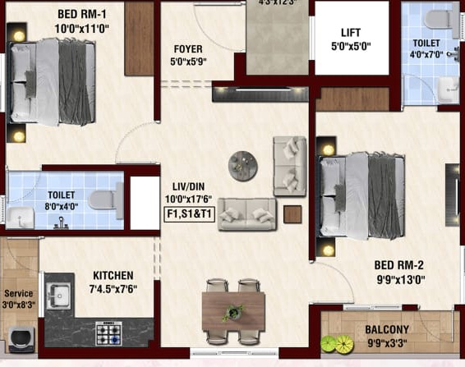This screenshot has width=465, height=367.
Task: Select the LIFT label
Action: tap(351, 33)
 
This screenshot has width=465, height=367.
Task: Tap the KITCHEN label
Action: tap(113, 275)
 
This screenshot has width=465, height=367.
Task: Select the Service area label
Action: tap(18, 292)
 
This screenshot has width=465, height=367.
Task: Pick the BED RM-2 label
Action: tap(398, 265)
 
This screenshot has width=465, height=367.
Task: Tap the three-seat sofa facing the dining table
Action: tap(246, 213)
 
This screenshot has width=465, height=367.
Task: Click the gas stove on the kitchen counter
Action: tap(109, 333)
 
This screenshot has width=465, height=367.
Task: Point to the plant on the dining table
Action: tap(233, 312)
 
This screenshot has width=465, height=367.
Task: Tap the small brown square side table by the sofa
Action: tap(292, 214)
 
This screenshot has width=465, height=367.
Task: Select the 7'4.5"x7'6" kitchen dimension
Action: tap(113, 289)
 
